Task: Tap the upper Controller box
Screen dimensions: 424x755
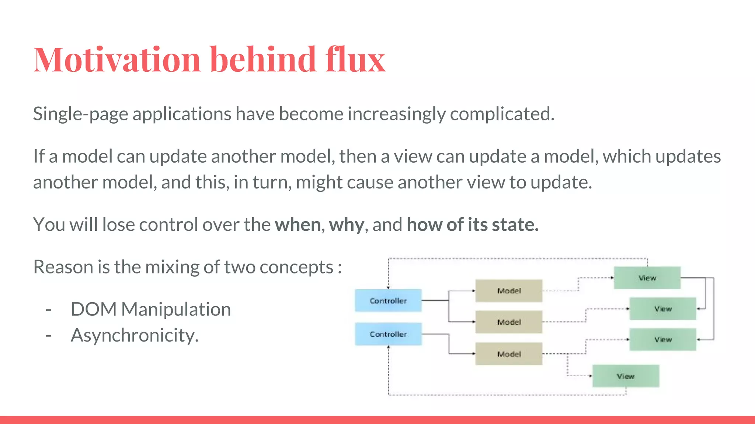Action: point(388,301)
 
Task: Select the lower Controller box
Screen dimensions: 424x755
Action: point(388,334)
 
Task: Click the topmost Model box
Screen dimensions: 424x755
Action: point(509,291)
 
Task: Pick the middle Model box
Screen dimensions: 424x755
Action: point(509,322)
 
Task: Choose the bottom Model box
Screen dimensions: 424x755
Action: point(509,354)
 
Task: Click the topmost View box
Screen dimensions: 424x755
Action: point(647,278)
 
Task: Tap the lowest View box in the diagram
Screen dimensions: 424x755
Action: point(626,376)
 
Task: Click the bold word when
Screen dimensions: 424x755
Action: point(298,225)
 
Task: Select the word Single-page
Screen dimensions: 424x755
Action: point(80,114)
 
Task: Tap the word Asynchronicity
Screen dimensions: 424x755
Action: point(135,335)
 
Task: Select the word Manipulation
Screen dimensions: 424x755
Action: point(176,309)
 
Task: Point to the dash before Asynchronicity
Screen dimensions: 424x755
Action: point(48,335)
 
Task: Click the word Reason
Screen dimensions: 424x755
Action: point(63,267)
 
